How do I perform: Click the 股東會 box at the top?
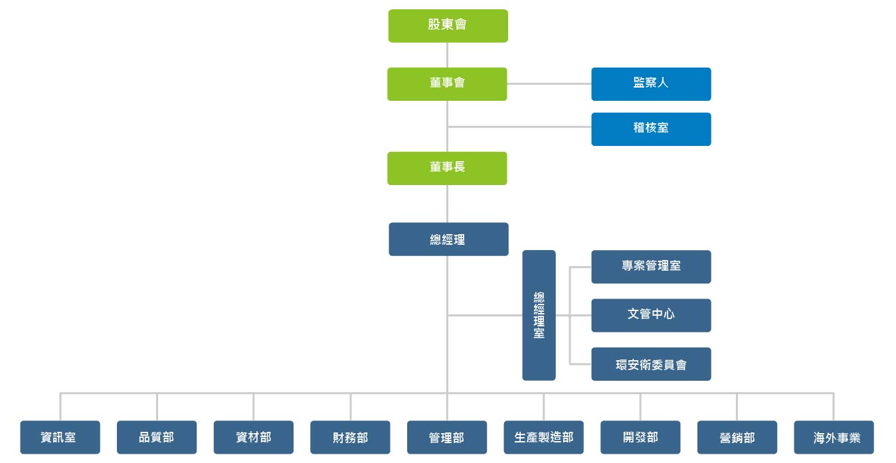(x=448, y=26)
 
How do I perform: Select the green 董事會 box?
(x=447, y=84)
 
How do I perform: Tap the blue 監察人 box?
(x=651, y=84)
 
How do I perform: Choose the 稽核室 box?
(x=651, y=129)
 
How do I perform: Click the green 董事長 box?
(x=447, y=168)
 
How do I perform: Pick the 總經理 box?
(x=449, y=239)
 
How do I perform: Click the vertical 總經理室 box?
(x=539, y=315)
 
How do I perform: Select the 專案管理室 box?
(x=651, y=267)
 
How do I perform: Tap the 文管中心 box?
(x=651, y=315)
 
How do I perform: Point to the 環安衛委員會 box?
(x=651, y=364)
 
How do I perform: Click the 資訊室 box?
(x=60, y=437)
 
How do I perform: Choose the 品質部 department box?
(x=157, y=437)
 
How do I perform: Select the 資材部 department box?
(x=254, y=437)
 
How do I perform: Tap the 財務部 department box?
(x=350, y=437)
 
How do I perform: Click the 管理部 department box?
(x=447, y=437)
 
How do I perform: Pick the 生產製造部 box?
(x=543, y=437)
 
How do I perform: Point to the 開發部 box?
(x=640, y=437)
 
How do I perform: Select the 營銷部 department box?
(x=737, y=437)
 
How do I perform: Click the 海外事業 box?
(x=834, y=437)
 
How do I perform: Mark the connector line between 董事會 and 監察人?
(x=549, y=84)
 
